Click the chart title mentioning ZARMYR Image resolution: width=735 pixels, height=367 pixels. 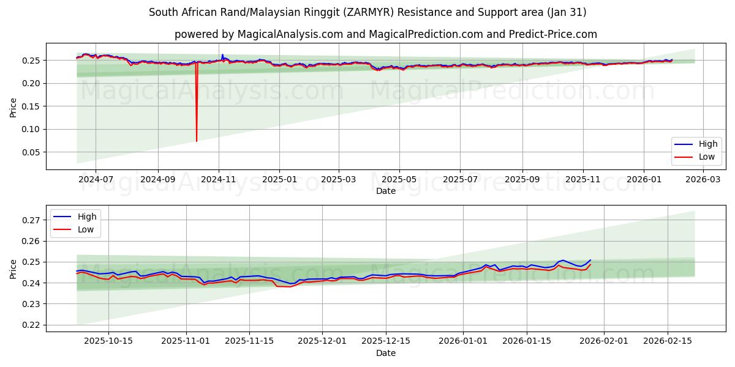tap(367, 12)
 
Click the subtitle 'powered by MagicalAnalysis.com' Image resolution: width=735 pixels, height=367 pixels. tap(386, 34)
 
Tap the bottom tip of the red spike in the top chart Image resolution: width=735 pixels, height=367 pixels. tap(197, 141)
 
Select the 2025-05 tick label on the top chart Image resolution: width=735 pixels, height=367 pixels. tap(399, 180)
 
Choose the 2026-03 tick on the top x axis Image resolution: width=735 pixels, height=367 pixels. tap(702, 180)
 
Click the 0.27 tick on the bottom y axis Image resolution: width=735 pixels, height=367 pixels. tap(31, 220)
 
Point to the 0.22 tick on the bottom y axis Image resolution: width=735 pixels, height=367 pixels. tap(31, 325)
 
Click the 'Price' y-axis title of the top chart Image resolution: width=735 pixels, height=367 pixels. tap(13, 108)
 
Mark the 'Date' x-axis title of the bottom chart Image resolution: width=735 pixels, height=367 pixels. tap(386, 354)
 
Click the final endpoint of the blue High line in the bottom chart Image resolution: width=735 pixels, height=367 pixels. tap(590, 260)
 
